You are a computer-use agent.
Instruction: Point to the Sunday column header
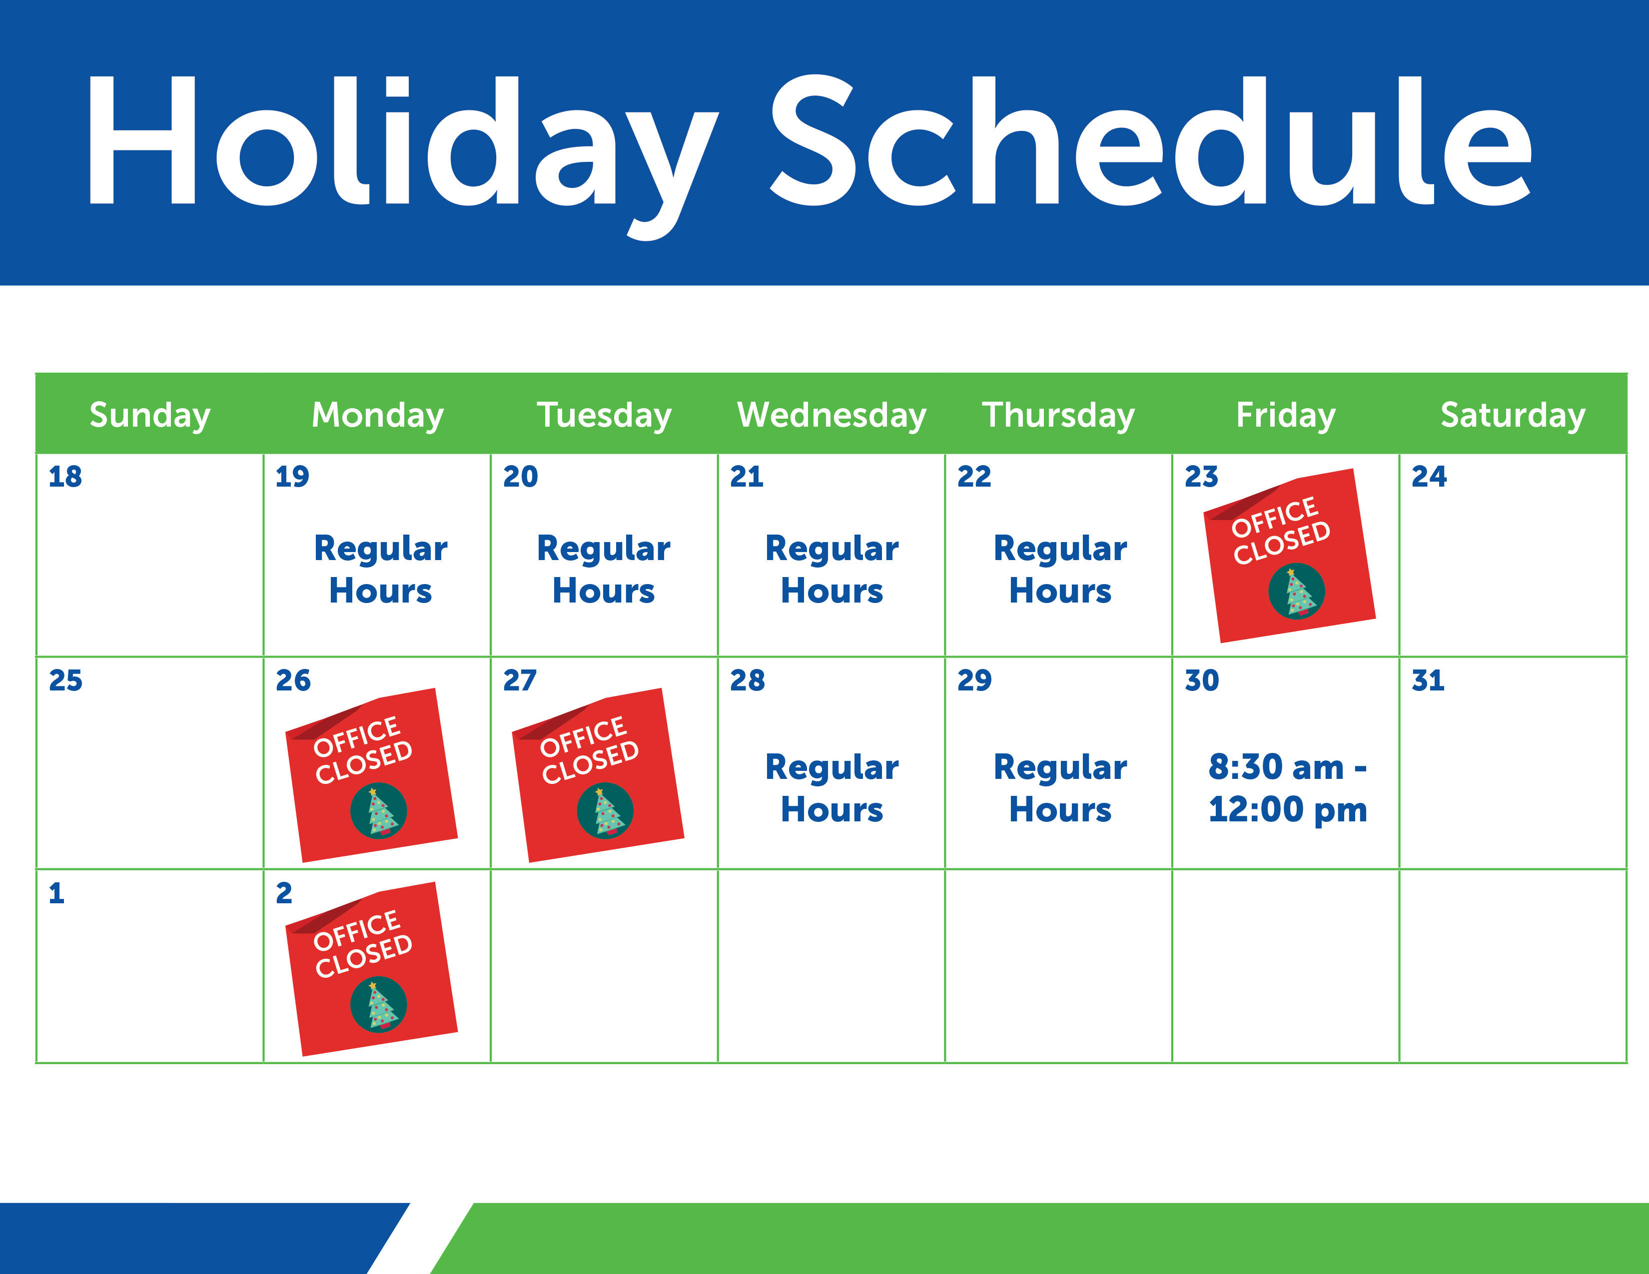tap(149, 415)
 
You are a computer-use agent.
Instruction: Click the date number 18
tap(65, 476)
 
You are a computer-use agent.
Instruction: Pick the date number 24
tap(1429, 476)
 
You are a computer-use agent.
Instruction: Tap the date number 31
tap(1428, 680)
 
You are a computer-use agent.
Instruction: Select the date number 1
tap(56, 893)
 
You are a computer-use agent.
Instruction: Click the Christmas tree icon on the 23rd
tap(1296, 591)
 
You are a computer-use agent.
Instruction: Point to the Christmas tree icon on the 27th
tap(605, 810)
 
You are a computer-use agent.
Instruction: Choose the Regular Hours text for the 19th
tap(381, 569)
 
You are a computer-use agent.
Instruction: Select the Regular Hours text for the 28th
tap(832, 788)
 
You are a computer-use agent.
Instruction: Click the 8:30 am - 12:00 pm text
tap(1287, 788)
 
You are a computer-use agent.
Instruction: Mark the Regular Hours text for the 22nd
tap(1060, 569)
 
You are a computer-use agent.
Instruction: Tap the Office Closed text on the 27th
tap(589, 749)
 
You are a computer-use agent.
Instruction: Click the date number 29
tap(974, 680)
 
